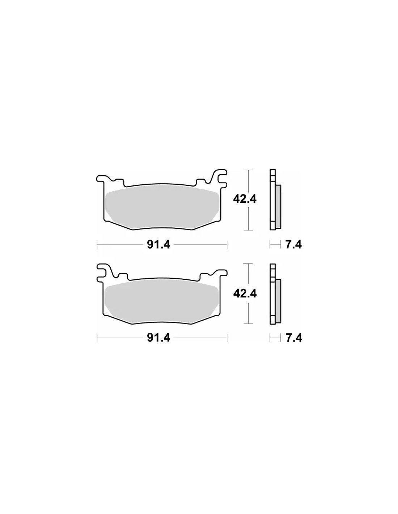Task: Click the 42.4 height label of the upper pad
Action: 245,199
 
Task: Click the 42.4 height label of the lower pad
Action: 245,294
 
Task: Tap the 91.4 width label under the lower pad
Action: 158,338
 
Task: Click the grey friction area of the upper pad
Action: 162,207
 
